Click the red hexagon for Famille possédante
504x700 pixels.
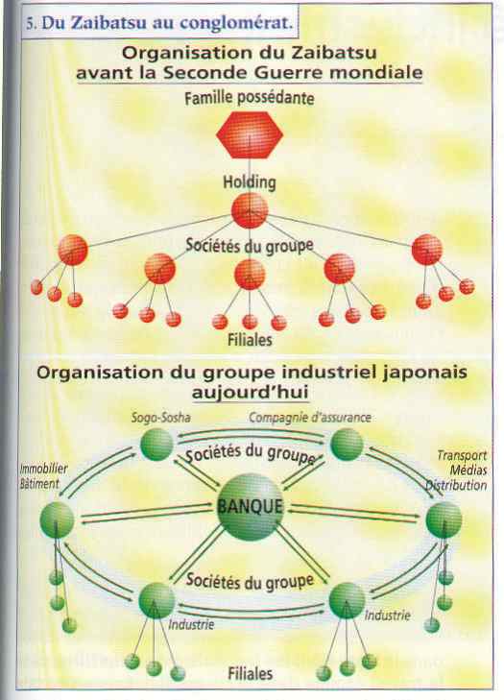(250, 134)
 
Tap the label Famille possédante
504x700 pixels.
(249, 98)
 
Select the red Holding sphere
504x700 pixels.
(250, 210)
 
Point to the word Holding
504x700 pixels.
(250, 182)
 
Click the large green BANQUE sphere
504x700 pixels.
(250, 507)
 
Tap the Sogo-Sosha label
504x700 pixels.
(160, 418)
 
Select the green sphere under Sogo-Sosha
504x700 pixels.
(156, 445)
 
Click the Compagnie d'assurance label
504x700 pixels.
(310, 418)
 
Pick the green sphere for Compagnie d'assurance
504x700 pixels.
(347, 445)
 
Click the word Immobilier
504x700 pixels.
(44, 469)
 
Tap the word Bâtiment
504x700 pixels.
(39, 484)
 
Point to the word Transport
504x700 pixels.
(462, 455)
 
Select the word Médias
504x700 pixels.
(468, 471)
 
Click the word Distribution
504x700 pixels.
(456, 485)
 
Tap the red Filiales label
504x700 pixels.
(250, 340)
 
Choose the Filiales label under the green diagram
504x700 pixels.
(250, 674)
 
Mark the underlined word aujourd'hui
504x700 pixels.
(250, 393)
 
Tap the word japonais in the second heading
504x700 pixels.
(424, 373)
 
